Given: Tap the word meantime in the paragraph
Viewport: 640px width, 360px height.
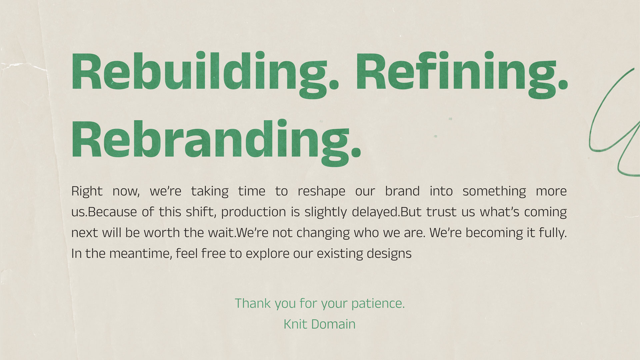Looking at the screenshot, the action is point(140,254).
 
